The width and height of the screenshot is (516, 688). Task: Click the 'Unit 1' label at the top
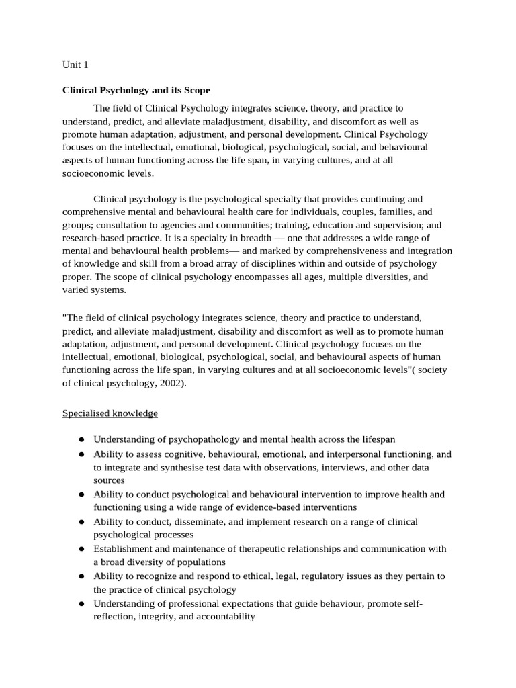[x=75, y=65]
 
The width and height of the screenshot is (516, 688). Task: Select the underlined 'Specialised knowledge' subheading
[x=110, y=413]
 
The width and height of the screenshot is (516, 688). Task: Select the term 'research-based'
[x=94, y=238]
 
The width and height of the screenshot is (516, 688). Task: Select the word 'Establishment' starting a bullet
[x=124, y=548]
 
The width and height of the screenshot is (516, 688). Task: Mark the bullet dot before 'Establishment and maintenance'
[x=81, y=549]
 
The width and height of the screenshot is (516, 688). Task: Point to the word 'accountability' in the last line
[x=222, y=616]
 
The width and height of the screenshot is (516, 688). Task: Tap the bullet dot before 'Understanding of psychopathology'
[x=81, y=440]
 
